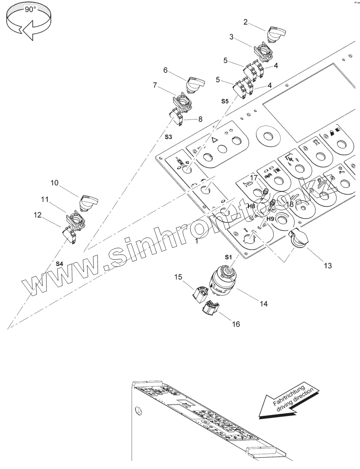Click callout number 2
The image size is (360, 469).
(x=245, y=22)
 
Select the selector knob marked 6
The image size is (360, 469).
(x=193, y=83)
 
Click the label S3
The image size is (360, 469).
(x=168, y=137)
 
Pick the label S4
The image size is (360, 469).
(x=59, y=264)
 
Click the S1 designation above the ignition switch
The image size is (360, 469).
(x=228, y=257)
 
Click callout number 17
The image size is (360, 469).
(x=253, y=177)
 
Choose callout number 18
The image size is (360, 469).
(x=290, y=204)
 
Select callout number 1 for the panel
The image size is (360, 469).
(x=197, y=241)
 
